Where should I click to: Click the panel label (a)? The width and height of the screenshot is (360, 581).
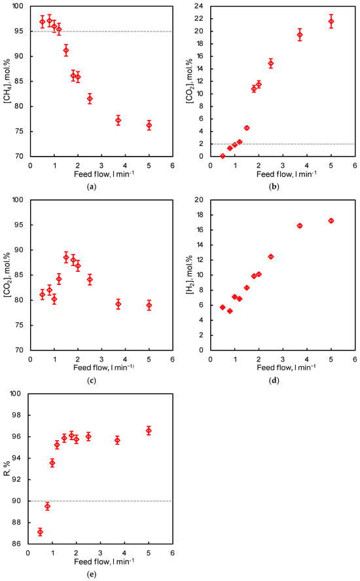click(x=91, y=187)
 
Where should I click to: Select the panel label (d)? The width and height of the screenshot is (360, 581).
click(x=274, y=380)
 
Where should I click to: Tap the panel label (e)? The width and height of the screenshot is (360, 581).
click(x=91, y=574)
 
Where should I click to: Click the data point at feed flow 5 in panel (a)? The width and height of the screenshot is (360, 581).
click(x=149, y=125)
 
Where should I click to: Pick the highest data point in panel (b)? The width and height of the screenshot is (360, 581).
click(x=331, y=22)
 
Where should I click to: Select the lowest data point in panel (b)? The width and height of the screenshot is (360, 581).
click(x=223, y=156)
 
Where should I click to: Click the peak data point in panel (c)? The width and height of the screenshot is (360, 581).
click(x=66, y=257)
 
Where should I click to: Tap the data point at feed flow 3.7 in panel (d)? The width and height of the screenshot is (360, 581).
click(x=300, y=226)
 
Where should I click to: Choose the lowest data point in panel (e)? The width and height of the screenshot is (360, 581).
click(x=40, y=532)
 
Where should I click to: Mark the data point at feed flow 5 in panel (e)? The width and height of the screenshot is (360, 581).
click(x=149, y=430)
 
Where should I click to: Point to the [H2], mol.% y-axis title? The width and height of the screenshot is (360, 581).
click(x=189, y=275)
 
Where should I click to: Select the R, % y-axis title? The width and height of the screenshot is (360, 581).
click(x=6, y=468)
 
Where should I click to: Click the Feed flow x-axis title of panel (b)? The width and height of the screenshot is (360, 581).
click(x=286, y=174)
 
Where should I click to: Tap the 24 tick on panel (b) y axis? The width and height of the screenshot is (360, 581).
click(x=198, y=6)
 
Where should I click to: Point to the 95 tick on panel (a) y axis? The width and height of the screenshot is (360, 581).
click(x=18, y=31)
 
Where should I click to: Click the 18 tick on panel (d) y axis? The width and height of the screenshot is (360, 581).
click(x=198, y=215)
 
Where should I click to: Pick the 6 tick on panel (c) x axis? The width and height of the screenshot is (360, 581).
click(x=173, y=359)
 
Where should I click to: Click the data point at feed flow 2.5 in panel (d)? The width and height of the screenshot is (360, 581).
click(x=271, y=256)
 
